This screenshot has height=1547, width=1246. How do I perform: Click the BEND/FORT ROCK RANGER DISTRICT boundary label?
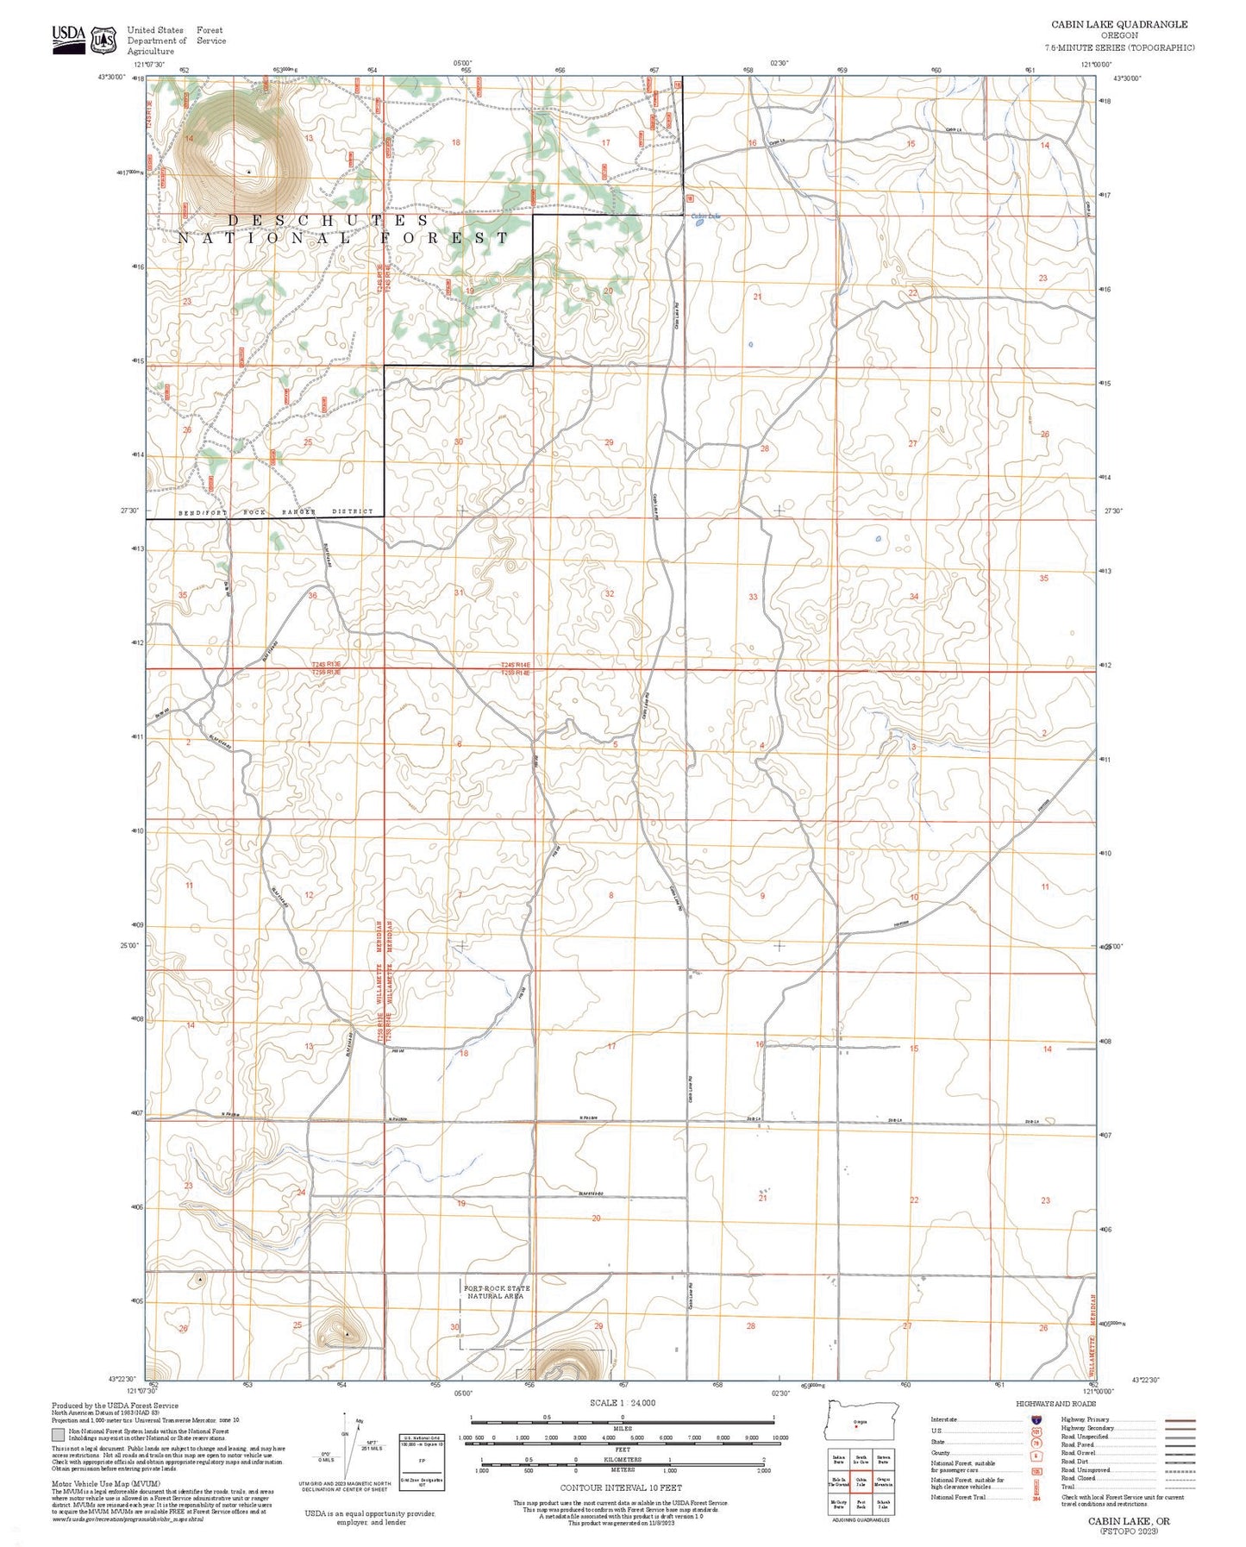276,512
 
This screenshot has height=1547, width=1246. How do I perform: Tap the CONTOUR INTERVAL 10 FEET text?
621,1487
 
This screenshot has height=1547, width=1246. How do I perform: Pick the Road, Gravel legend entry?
1078,1453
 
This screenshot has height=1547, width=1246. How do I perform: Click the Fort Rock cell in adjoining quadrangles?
861,1503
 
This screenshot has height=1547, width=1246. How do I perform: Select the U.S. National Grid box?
422,1462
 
